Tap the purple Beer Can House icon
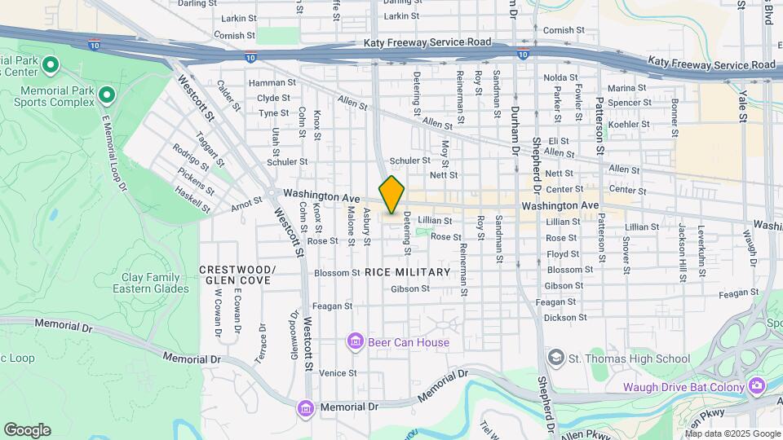(x=355, y=342)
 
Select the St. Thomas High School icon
(x=556, y=359)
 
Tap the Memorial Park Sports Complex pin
(x=106, y=96)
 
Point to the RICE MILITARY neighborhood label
(x=407, y=272)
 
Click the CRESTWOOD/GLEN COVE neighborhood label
(x=236, y=275)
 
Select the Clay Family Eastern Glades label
(x=150, y=283)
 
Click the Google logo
(x=27, y=430)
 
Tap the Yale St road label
(x=743, y=107)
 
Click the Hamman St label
(x=272, y=82)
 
